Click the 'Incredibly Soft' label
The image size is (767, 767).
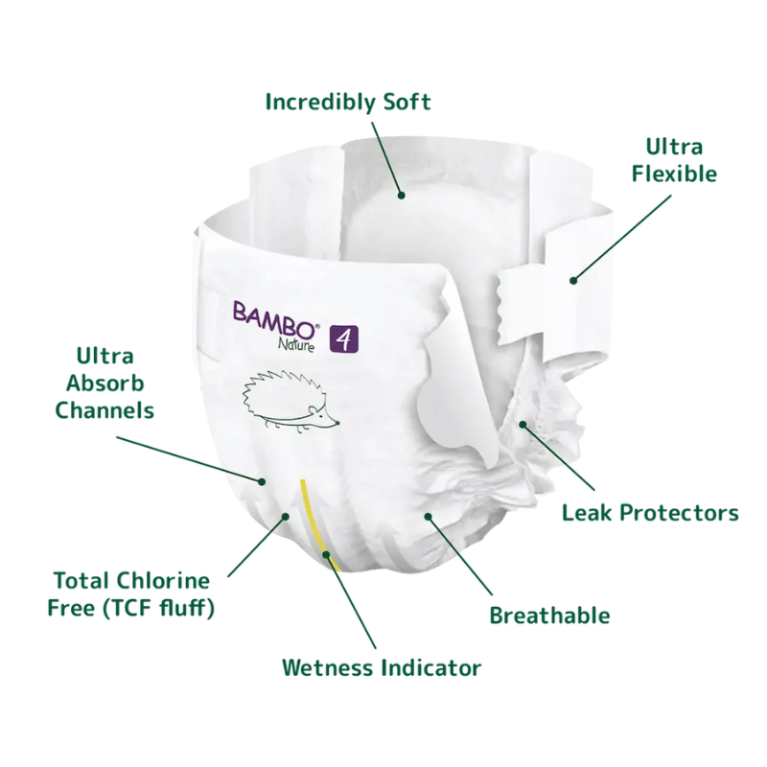click(347, 101)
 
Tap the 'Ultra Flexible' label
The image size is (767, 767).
click(673, 160)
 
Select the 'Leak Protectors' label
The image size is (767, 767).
click(650, 513)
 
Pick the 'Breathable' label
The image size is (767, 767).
click(549, 615)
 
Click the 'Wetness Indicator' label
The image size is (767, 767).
click(381, 666)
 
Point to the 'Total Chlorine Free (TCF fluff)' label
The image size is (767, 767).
click(131, 593)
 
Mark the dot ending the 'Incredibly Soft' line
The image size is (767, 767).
click(403, 196)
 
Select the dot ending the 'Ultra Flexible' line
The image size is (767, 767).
click(573, 280)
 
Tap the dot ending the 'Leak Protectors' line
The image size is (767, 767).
click(523, 423)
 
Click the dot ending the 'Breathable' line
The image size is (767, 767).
click(429, 517)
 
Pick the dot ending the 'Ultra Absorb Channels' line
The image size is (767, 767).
click(261, 479)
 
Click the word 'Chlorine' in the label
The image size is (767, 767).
click(169, 580)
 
